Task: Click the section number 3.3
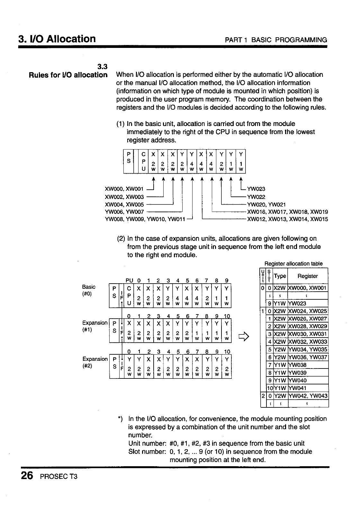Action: point(102,67)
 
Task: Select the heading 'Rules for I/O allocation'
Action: point(68,75)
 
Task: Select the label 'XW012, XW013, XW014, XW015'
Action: point(287,220)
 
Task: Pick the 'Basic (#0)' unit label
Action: point(89,290)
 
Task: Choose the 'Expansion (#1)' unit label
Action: point(95,326)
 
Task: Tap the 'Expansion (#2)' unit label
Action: point(95,362)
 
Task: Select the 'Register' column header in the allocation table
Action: point(308,276)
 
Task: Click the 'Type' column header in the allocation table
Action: point(280,276)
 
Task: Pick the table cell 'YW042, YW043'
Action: point(308,396)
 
